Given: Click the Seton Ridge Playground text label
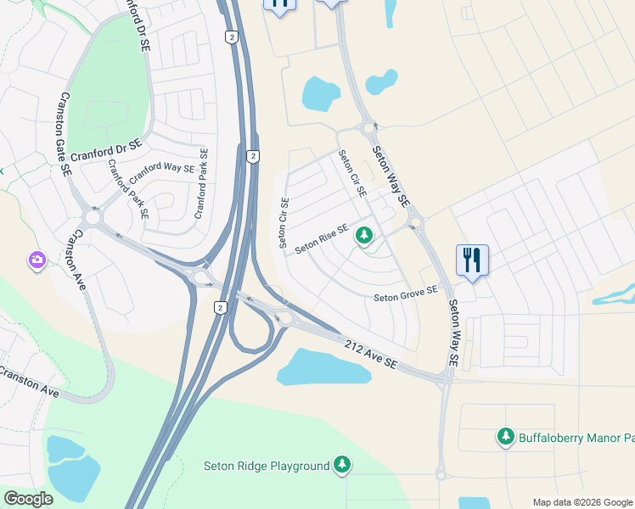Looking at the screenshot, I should pyautogui.click(x=266, y=466).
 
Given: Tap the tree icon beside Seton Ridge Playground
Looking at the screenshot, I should pyautogui.click(x=341, y=464).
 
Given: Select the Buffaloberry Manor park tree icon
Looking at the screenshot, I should pyautogui.click(x=506, y=437).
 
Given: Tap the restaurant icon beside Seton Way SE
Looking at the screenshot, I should pyautogui.click(x=472, y=260).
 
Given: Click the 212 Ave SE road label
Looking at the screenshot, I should pyautogui.click(x=371, y=353).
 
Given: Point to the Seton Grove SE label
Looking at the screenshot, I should pyautogui.click(x=406, y=294).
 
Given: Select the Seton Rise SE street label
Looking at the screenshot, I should pyautogui.click(x=322, y=238).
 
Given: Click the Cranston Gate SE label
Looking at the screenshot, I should pyautogui.click(x=65, y=135).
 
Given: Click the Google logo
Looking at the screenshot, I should pyautogui.click(x=28, y=498).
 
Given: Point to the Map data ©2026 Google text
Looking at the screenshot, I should pyautogui.click(x=582, y=502).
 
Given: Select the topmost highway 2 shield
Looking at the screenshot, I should pyautogui.click(x=231, y=36).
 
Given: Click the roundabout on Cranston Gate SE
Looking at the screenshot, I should pyautogui.click(x=93, y=217).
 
